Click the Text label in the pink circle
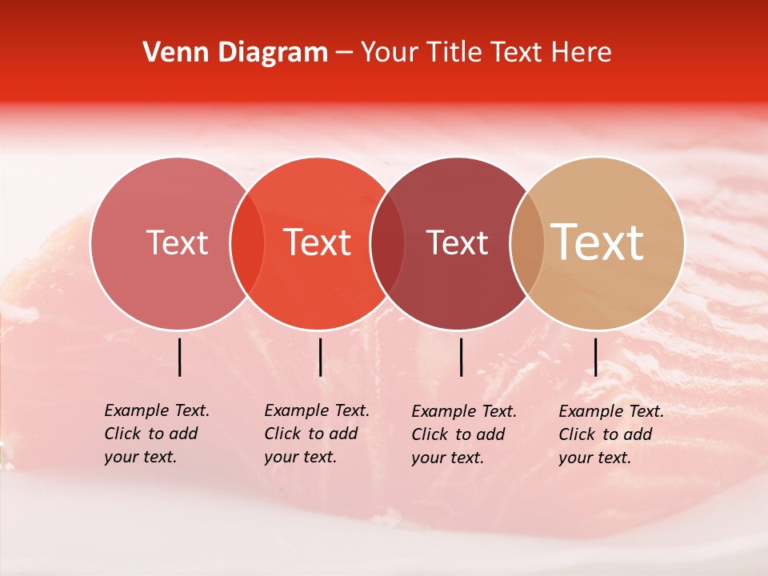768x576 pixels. click(177, 242)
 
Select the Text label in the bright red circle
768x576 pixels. click(318, 242)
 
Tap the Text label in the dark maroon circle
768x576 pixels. click(457, 242)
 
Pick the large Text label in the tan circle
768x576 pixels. click(598, 242)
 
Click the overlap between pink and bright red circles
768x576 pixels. click(247, 243)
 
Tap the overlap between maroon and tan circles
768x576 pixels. click(527, 243)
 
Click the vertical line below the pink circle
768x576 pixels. click(179, 357)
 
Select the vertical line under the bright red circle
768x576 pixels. click(320, 357)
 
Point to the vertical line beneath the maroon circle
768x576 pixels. click(461, 357)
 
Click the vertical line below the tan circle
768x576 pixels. click(595, 357)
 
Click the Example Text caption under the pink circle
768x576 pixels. click(157, 434)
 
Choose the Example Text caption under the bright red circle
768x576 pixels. click(317, 434)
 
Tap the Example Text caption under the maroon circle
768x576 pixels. click(464, 434)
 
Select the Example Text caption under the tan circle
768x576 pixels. click(611, 434)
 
